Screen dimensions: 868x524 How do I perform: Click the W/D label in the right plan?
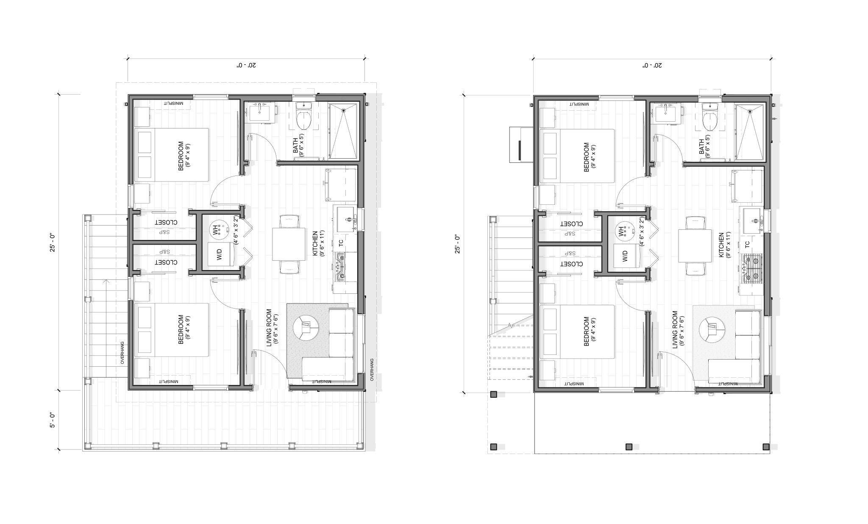(625, 256)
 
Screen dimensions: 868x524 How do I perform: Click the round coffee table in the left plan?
(306, 328)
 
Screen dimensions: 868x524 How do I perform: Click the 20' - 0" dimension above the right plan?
(652, 65)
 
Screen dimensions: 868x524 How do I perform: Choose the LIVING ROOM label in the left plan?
(269, 330)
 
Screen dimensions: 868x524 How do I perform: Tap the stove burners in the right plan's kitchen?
(751, 268)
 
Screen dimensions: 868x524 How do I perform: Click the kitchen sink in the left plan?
(347, 219)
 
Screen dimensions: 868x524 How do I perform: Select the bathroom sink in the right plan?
(666, 112)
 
